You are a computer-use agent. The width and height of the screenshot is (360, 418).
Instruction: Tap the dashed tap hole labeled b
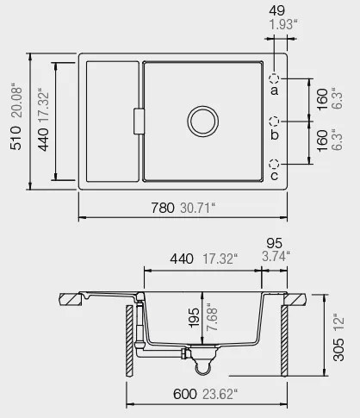(x=276, y=121)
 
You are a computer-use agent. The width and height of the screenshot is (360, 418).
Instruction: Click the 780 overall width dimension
(x=164, y=208)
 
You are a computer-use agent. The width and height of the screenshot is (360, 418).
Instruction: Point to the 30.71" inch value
(x=199, y=208)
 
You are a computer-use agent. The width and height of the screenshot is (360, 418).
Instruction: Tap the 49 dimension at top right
(x=277, y=9)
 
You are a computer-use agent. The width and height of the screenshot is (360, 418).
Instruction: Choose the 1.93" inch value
(x=279, y=24)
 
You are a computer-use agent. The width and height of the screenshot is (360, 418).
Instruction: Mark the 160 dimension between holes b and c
(x=322, y=141)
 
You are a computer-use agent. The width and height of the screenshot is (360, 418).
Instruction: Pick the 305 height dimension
(x=338, y=349)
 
